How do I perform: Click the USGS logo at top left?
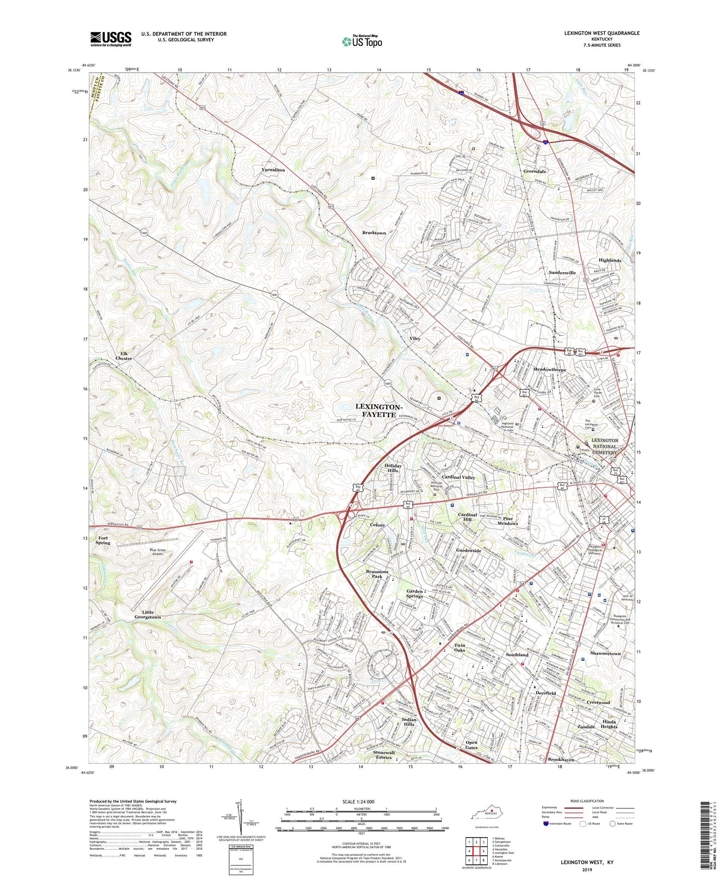point(111,39)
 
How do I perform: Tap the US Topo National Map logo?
point(361,41)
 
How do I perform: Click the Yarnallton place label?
point(273,170)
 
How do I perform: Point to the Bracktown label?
point(374,233)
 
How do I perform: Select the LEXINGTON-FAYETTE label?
point(379,410)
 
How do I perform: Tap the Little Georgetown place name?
point(148,614)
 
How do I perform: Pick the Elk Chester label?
point(124,356)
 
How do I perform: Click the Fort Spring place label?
point(103,540)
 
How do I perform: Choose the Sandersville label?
point(562,273)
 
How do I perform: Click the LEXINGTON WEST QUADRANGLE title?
point(602,33)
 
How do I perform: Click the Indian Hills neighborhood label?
point(409,722)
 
